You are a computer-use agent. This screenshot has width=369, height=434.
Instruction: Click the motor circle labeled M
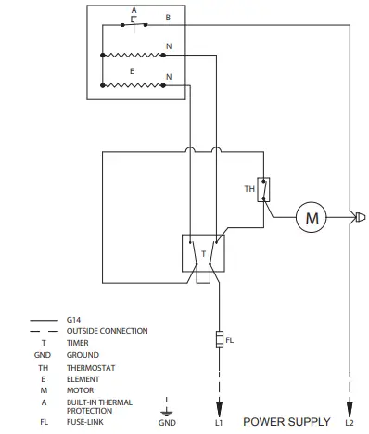tap(312, 219)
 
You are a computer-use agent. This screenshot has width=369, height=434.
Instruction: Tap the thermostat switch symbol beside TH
tap(264, 189)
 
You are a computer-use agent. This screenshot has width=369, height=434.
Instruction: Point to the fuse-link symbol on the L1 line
tap(219, 339)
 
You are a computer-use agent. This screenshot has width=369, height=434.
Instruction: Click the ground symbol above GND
tap(166, 407)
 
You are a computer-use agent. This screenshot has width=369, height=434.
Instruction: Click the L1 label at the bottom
tap(219, 422)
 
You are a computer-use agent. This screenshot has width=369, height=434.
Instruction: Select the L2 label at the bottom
tap(350, 422)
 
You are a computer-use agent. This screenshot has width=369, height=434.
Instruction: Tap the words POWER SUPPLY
tap(286, 422)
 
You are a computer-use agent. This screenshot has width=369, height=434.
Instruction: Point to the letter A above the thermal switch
tap(134, 10)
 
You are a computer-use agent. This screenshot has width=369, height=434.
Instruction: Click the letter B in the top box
tap(167, 18)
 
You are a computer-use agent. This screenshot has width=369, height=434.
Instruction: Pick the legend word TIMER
tap(78, 342)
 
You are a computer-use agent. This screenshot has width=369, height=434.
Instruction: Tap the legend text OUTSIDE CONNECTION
tap(108, 330)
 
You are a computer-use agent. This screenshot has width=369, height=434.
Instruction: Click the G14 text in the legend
tap(74, 319)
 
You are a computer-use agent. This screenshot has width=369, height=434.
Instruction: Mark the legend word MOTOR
tap(80, 389)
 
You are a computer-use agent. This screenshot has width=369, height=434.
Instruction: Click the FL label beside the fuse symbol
tap(230, 340)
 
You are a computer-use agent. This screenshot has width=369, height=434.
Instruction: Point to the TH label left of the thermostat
tap(248, 189)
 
